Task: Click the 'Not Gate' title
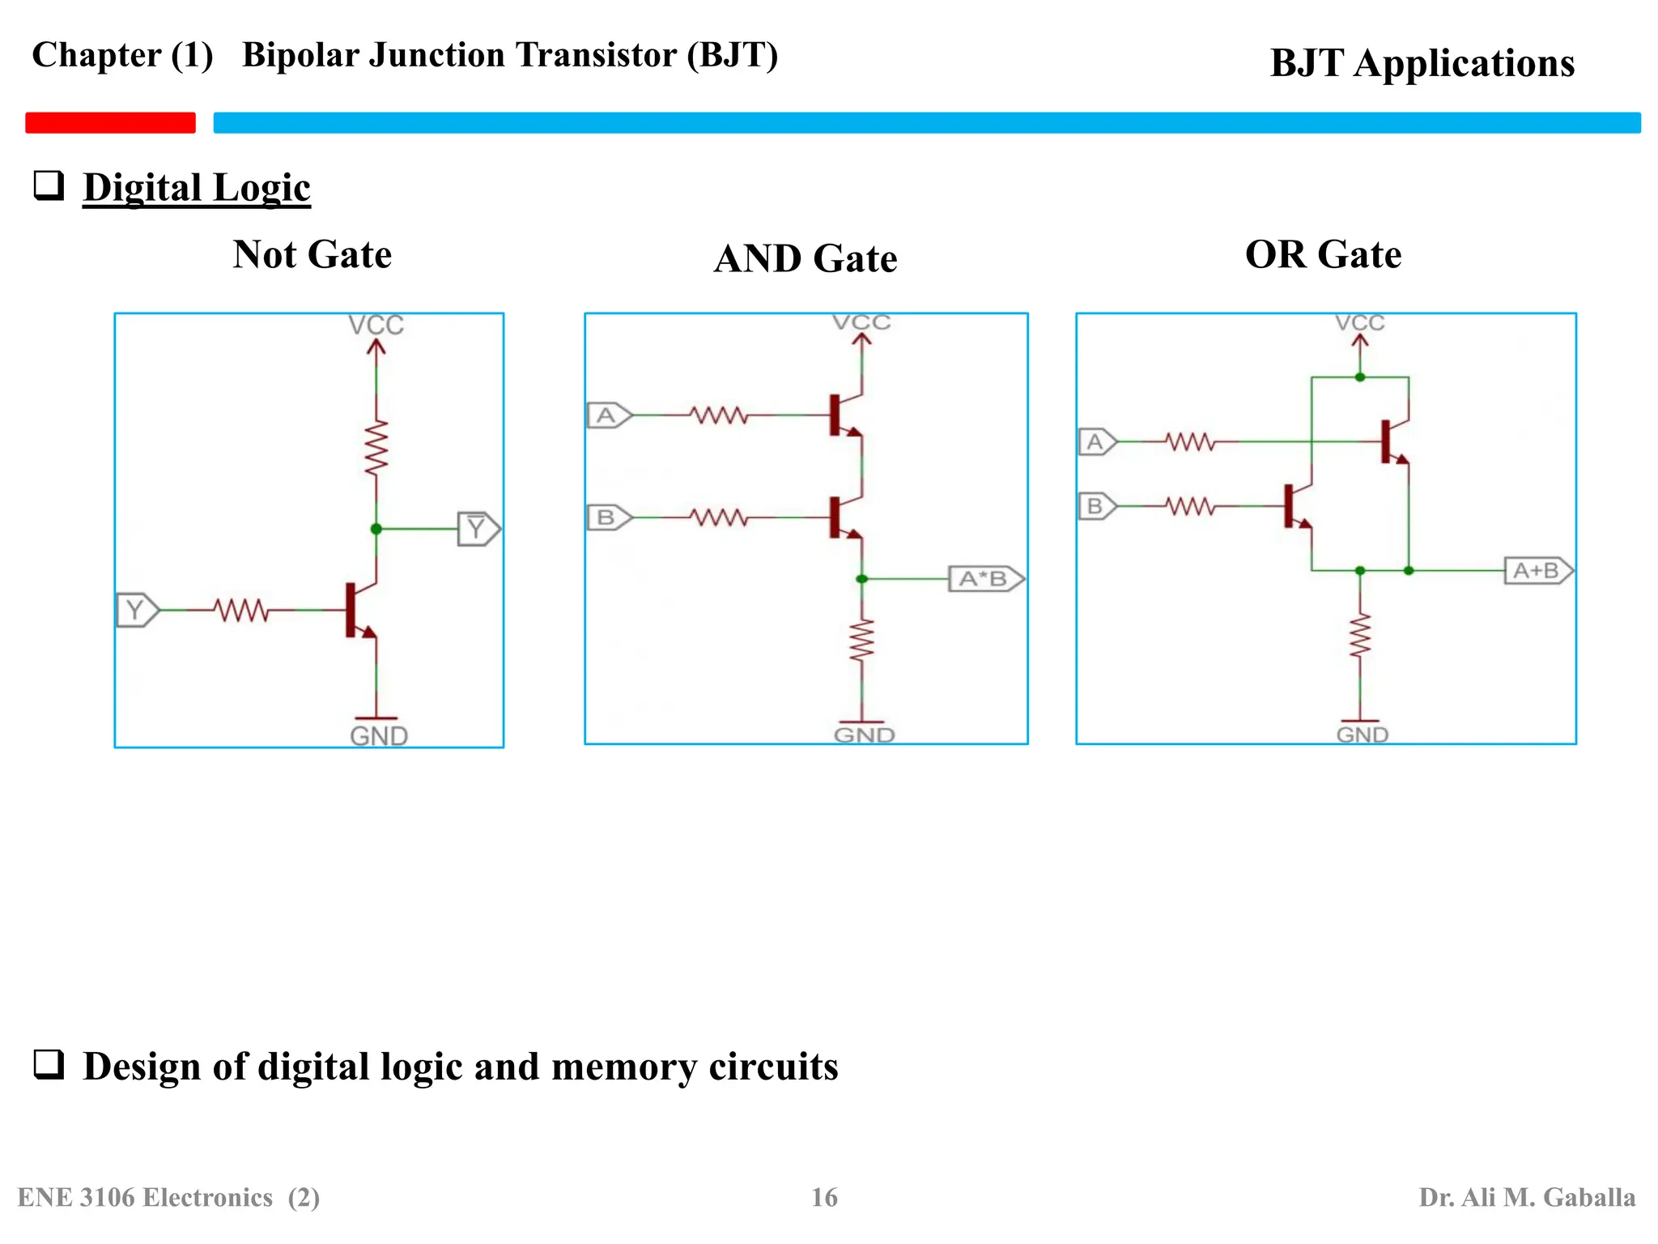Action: pos(312,254)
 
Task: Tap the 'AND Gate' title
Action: pos(805,259)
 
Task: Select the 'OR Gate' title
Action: pos(1323,254)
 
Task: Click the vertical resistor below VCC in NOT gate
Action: pos(376,448)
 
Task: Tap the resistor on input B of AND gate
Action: pos(718,517)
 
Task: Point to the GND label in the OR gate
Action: pos(1362,735)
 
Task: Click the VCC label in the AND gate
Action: pos(862,322)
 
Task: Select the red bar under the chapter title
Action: pos(111,122)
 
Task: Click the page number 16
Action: pos(824,1197)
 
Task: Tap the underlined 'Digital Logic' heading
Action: pos(196,188)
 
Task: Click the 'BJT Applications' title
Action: pos(1422,63)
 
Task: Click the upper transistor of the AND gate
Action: pos(844,415)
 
